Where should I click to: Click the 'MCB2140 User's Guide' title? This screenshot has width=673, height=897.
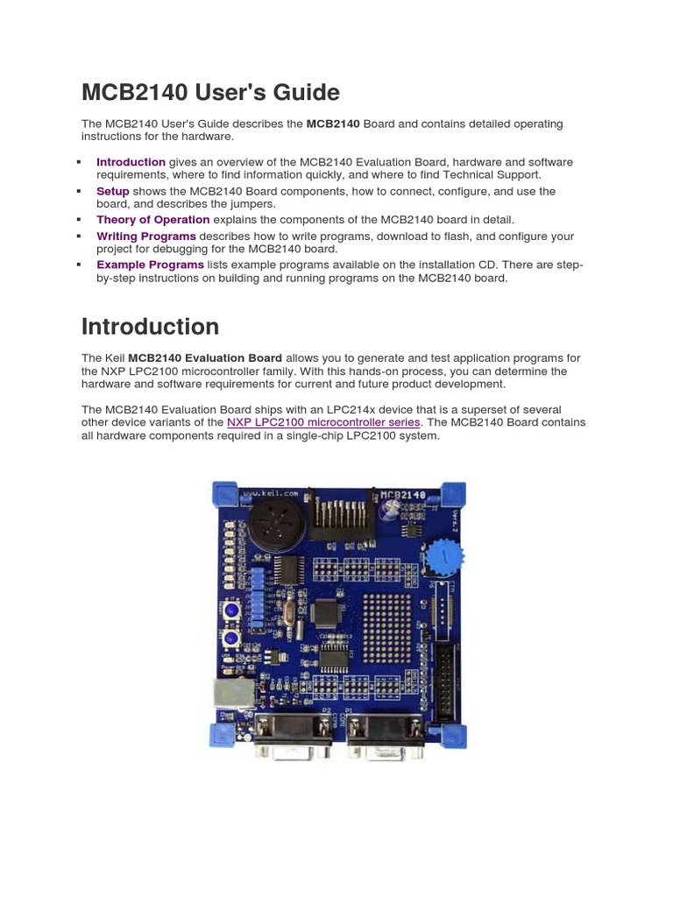(210, 92)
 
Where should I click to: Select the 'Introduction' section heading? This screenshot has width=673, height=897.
(150, 327)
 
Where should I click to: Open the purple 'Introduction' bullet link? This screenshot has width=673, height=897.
(131, 162)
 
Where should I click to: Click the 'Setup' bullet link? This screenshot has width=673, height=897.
(113, 191)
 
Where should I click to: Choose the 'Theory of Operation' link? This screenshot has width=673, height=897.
(152, 220)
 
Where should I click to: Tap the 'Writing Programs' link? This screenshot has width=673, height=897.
(145, 237)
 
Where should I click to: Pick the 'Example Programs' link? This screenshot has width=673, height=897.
(150, 265)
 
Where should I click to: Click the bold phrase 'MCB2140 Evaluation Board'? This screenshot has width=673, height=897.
(205, 358)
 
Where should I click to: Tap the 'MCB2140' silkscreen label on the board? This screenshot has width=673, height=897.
(404, 496)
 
